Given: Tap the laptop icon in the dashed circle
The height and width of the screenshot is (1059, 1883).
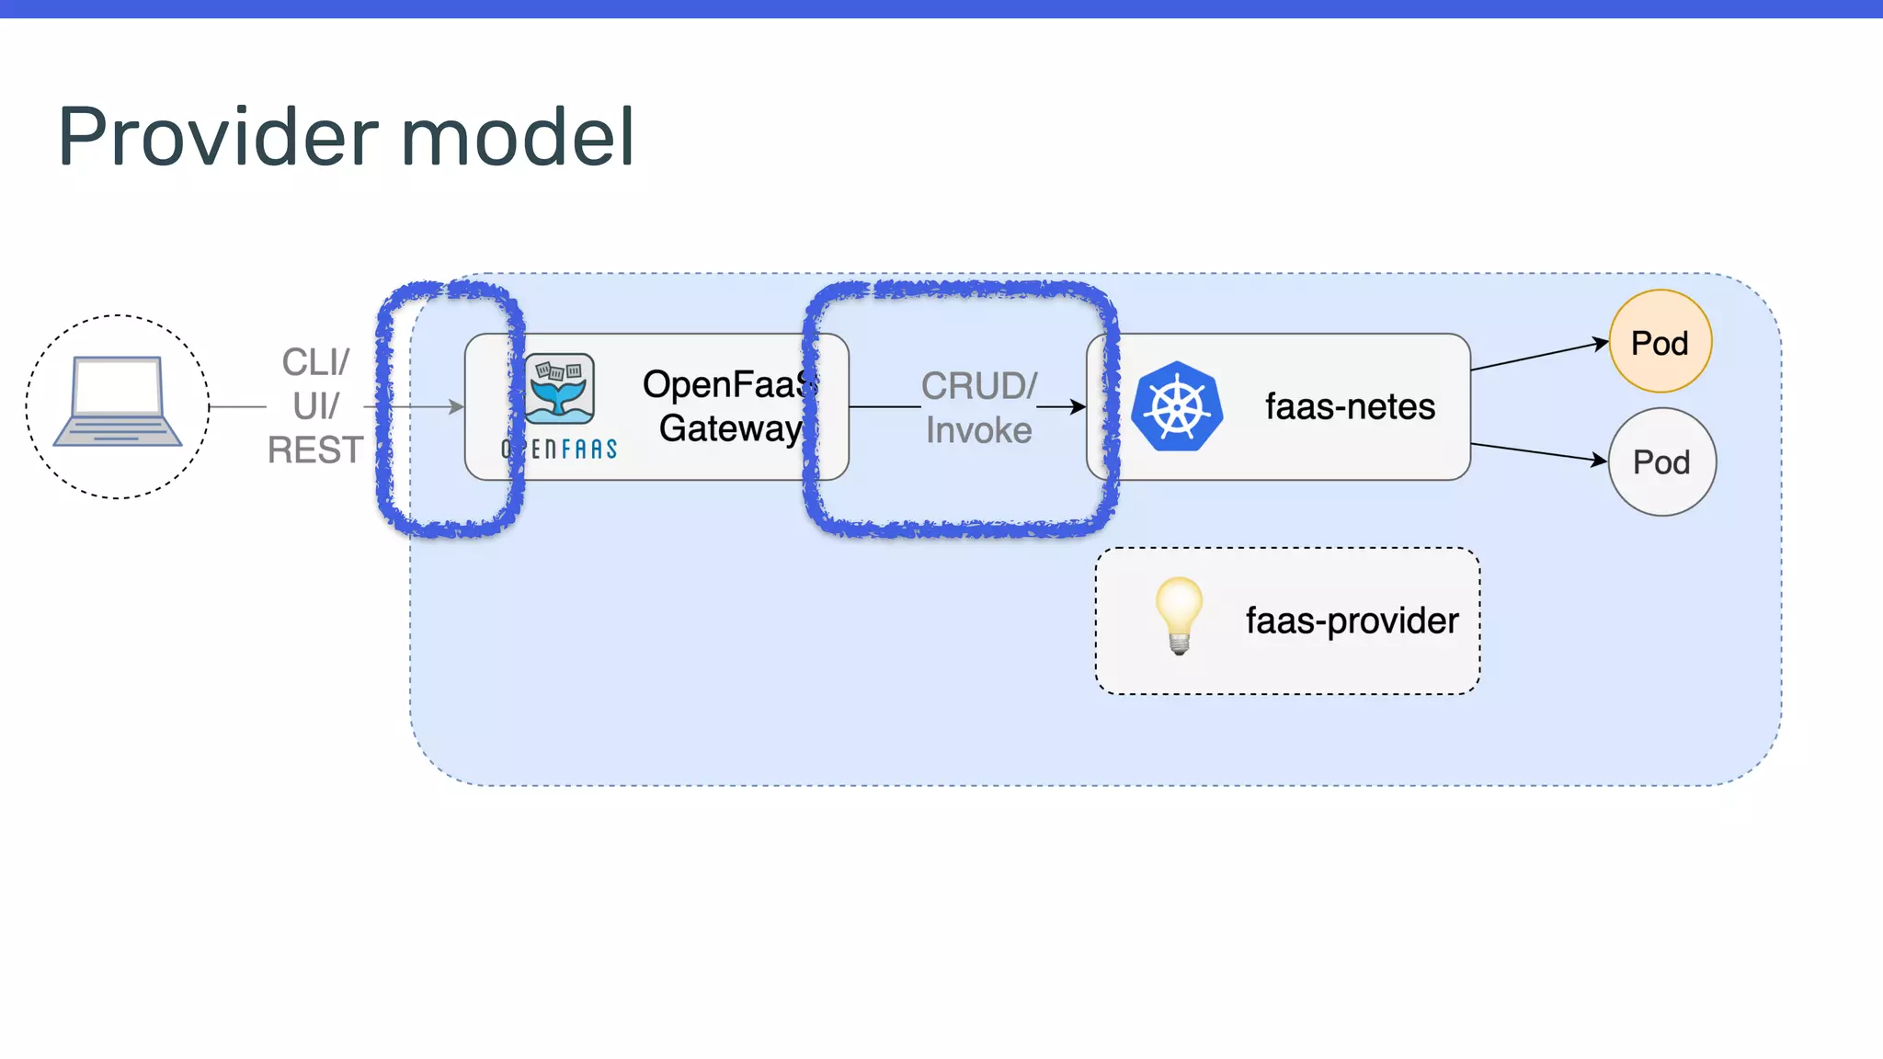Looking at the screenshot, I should (x=118, y=402).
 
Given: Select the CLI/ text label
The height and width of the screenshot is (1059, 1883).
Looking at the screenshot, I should (x=315, y=362).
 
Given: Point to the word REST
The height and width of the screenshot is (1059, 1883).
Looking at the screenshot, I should (x=315, y=450).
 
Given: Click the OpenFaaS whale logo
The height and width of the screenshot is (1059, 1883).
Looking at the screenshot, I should (x=560, y=388).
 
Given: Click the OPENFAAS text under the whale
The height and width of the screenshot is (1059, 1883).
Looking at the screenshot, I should (x=560, y=449).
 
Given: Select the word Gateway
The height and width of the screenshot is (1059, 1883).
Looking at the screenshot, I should (x=730, y=428).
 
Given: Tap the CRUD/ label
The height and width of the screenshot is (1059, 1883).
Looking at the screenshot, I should (x=979, y=386).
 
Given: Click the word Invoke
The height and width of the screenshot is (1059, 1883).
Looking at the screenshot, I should (x=978, y=430).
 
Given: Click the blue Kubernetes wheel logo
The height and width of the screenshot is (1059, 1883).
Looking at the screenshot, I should (x=1177, y=406).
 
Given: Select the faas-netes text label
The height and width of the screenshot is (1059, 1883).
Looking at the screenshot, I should (x=1350, y=406).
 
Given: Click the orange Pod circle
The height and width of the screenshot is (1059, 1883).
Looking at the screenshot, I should (x=1660, y=342).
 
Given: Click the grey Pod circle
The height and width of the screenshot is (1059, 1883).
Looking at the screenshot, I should (x=1661, y=461).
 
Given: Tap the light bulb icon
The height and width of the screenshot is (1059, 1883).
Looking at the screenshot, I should (x=1179, y=614).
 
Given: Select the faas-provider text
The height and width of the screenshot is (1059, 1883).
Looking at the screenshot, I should (x=1352, y=621).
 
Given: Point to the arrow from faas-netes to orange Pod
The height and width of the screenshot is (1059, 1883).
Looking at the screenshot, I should (x=1540, y=356).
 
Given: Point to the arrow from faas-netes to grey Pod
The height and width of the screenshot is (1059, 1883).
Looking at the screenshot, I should (x=1540, y=453).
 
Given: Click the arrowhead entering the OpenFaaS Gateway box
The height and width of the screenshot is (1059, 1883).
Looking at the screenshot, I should (x=456, y=406).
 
